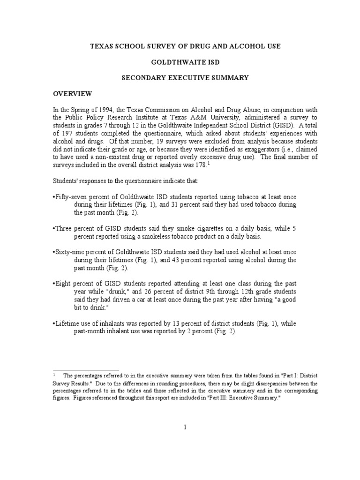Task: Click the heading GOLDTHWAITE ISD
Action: click(180, 61)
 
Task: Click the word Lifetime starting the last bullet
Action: click(69, 324)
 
